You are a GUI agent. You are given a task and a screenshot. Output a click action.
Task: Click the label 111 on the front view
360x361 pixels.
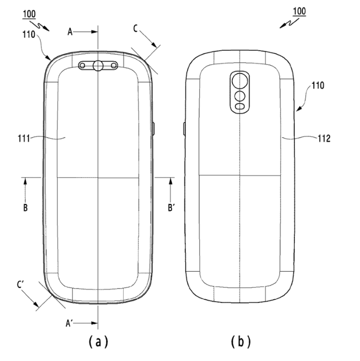click(x=24, y=139)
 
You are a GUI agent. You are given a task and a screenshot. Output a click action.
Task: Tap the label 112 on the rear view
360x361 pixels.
click(x=324, y=139)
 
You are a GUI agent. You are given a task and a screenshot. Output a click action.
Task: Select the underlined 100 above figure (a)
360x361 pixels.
click(x=29, y=14)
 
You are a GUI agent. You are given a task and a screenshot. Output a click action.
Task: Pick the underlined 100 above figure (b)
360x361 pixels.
click(x=299, y=11)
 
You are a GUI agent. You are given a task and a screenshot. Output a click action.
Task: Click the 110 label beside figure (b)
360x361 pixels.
click(x=318, y=85)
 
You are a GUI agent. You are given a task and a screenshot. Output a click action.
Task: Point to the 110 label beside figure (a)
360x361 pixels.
click(x=29, y=35)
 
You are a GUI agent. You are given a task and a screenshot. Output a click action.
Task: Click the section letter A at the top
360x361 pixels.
click(x=70, y=32)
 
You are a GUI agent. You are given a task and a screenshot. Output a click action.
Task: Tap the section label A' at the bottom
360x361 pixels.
click(x=69, y=323)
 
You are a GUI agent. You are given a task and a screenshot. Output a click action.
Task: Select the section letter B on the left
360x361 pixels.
click(x=25, y=208)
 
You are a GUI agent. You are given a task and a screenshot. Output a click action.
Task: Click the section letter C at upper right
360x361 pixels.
click(x=135, y=29)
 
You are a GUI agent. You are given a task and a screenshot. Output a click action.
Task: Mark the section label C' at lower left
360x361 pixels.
click(x=20, y=285)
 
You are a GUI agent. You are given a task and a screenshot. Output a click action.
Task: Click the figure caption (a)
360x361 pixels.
click(x=98, y=341)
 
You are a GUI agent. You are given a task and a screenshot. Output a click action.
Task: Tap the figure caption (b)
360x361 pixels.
click(x=241, y=341)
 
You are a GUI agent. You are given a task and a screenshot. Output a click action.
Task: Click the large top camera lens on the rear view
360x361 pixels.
click(x=240, y=81)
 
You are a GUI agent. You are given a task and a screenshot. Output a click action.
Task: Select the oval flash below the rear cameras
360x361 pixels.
click(x=240, y=107)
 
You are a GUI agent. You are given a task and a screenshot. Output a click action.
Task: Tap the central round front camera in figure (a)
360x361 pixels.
click(x=98, y=66)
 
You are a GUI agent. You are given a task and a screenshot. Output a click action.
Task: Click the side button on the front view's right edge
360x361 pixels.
click(x=153, y=129)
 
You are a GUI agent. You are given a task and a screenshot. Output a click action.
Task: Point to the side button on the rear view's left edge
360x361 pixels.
click(x=184, y=129)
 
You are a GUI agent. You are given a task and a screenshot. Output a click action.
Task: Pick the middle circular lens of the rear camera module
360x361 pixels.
click(x=240, y=96)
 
